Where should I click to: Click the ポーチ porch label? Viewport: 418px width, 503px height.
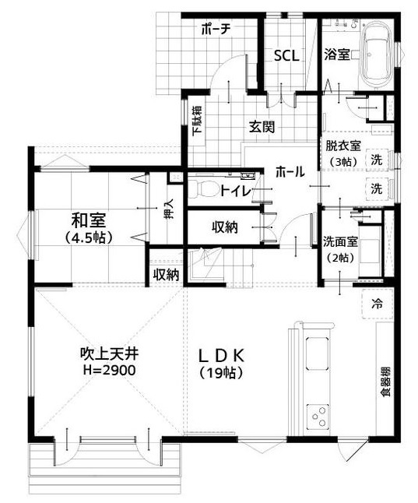pos(214,30)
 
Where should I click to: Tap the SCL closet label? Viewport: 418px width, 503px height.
pos(285,56)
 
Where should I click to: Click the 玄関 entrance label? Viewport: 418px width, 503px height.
pos(262,128)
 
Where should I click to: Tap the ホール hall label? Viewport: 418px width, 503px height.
pos(289,171)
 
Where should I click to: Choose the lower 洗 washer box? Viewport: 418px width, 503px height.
pos(377,188)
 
